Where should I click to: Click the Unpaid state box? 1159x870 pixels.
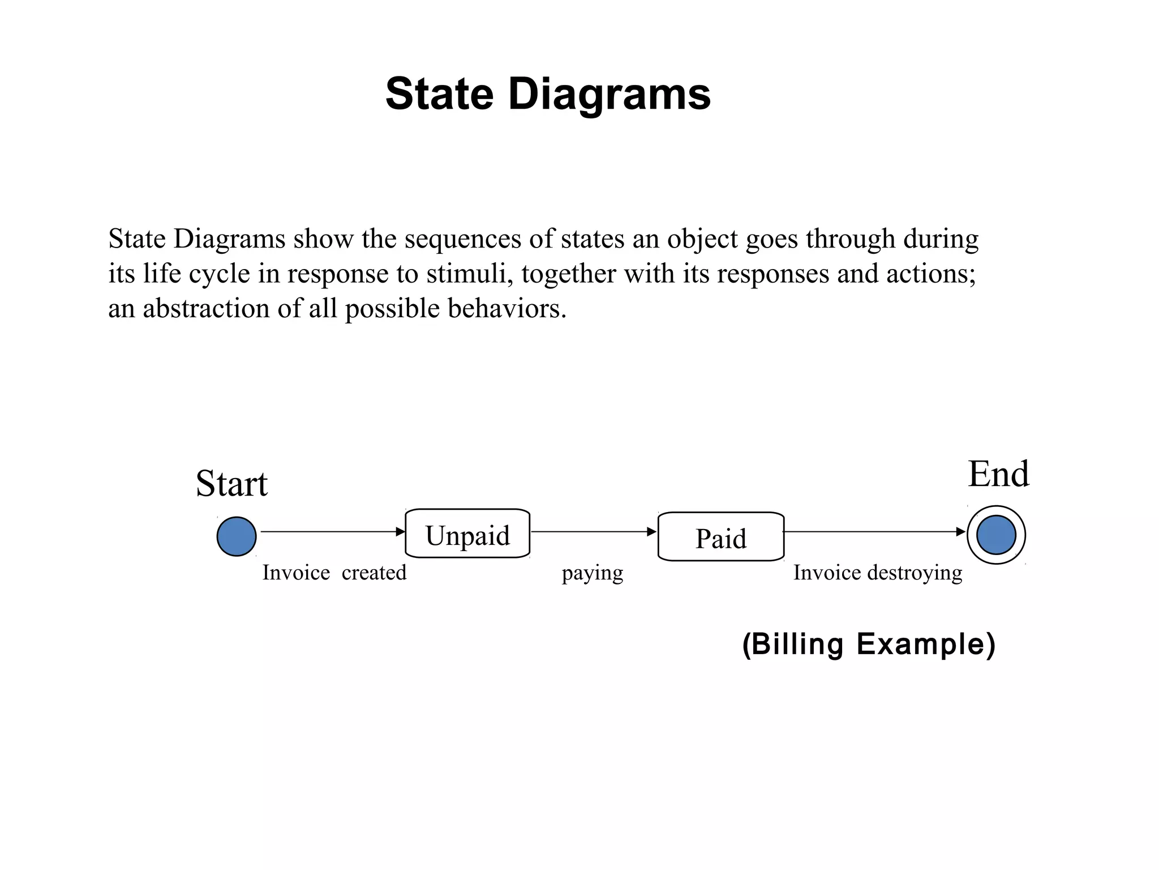click(x=467, y=534)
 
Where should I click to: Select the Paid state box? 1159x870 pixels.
click(x=720, y=537)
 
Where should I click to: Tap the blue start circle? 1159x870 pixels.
click(x=237, y=536)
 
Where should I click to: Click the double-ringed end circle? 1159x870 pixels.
click(x=996, y=535)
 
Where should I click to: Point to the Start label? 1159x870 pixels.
click(x=231, y=484)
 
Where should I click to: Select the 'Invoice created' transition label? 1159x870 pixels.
click(x=334, y=573)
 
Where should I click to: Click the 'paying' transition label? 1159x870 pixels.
click(x=592, y=573)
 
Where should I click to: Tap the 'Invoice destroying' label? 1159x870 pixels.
click(x=877, y=573)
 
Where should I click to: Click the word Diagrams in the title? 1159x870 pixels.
click(x=609, y=94)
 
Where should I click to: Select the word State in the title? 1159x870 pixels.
click(x=439, y=94)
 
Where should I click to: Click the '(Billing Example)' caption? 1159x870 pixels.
click(x=868, y=644)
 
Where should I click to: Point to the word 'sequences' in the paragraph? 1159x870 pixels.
click(x=463, y=239)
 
